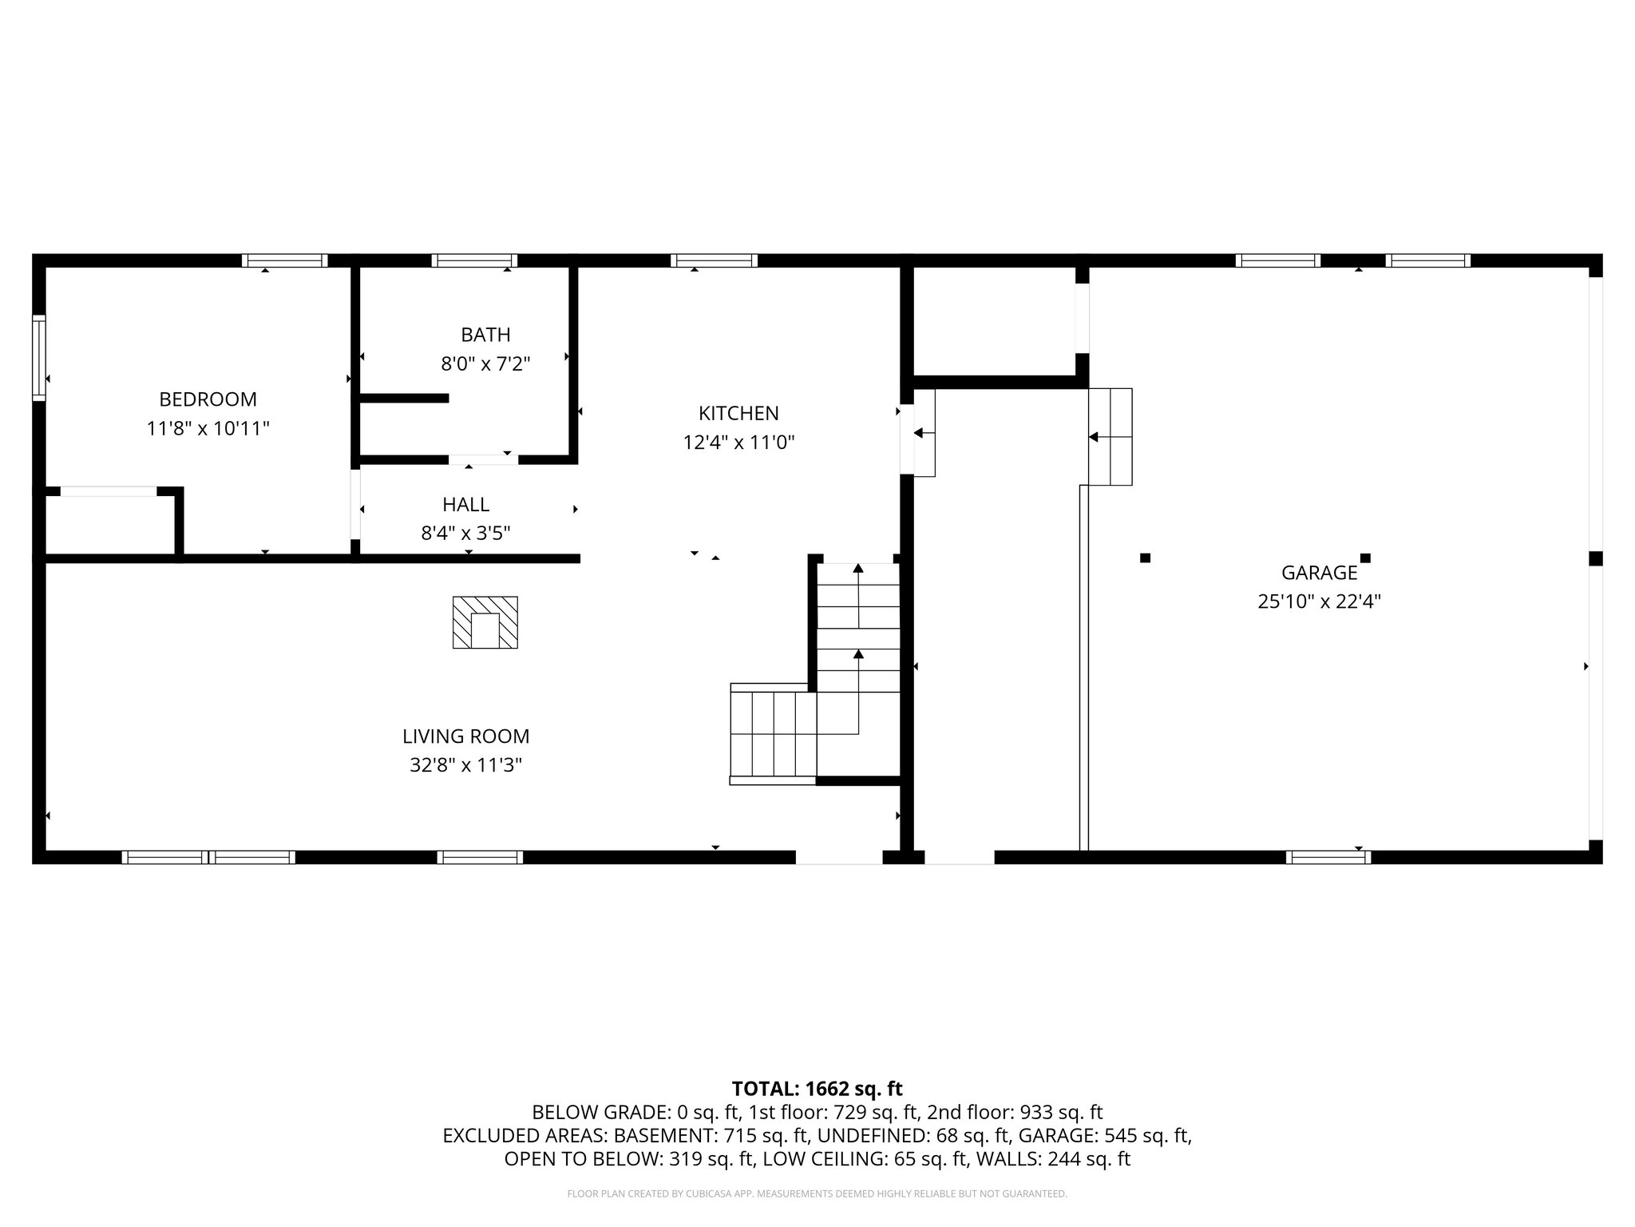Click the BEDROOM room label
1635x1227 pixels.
[x=208, y=399]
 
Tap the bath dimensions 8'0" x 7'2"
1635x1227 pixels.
[x=485, y=364]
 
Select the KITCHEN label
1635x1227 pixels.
[x=738, y=413]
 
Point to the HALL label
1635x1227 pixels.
[x=465, y=504]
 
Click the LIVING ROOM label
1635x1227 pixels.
[x=465, y=736]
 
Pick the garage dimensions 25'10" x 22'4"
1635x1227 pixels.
[x=1319, y=602]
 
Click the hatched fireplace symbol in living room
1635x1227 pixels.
[x=485, y=622]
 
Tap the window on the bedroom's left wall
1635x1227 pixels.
[x=38, y=357]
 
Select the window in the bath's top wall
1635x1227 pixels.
[x=474, y=260]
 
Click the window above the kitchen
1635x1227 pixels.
[x=714, y=260]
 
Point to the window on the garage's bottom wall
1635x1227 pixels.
[x=1328, y=857]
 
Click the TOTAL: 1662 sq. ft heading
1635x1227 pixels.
[x=817, y=1088]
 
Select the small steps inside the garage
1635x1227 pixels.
[x=1110, y=437]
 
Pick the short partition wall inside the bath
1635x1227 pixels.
[x=404, y=398]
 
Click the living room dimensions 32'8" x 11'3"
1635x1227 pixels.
[x=465, y=765]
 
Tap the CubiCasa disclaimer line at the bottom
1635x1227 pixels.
[x=817, y=1193]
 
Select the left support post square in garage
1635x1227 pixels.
[x=1145, y=558]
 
